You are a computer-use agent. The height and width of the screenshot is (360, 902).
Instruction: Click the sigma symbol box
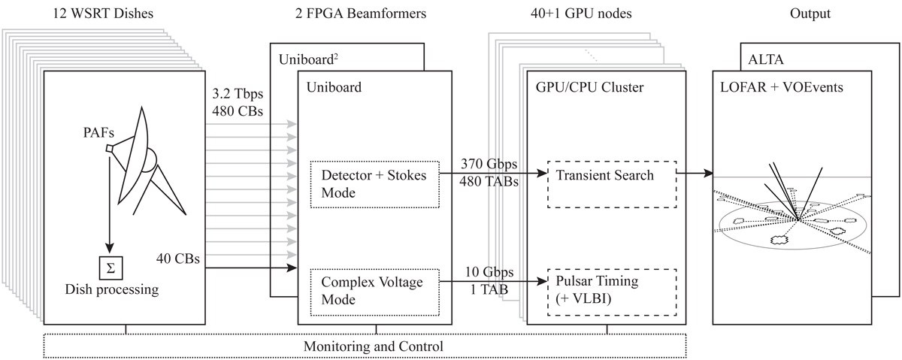[110, 267]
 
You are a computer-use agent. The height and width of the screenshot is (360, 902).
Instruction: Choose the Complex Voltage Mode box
[374, 292]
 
